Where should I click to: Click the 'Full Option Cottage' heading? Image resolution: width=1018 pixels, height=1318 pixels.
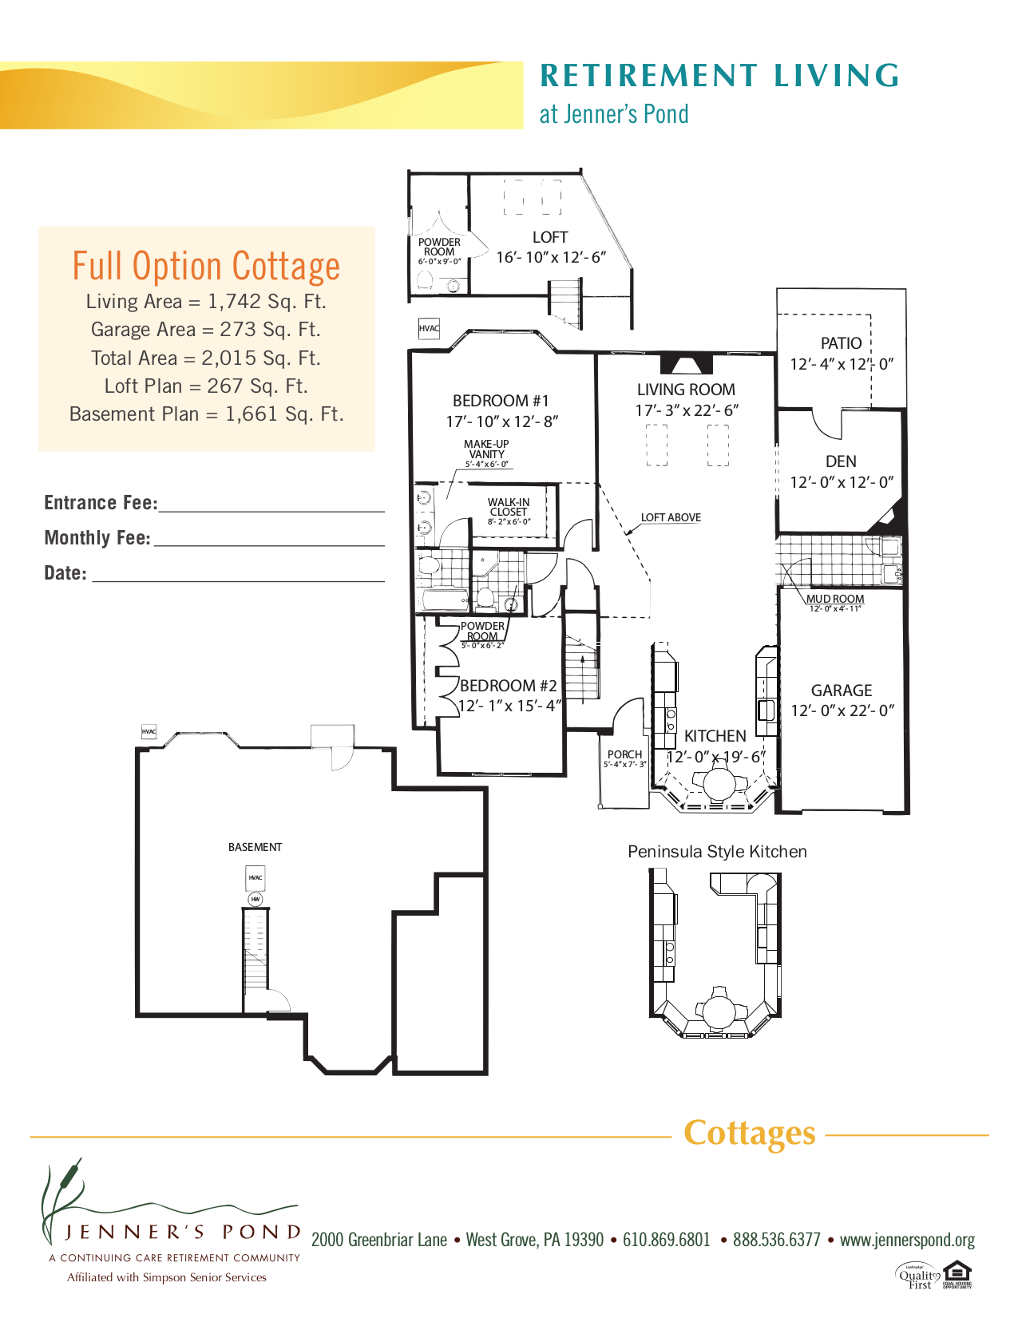206,266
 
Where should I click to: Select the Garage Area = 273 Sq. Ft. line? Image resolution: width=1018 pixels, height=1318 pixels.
206,330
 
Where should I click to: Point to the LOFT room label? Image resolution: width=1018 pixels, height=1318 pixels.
550,237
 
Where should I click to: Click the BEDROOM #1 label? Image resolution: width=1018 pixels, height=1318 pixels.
501,401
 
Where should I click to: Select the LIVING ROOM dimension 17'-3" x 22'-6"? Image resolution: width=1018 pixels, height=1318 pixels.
687,410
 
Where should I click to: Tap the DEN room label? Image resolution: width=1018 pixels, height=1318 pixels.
841,461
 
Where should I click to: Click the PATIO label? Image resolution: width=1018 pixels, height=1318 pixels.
841,343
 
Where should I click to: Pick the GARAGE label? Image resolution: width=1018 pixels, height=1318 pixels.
842,691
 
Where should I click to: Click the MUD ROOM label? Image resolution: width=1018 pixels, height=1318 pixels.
835,599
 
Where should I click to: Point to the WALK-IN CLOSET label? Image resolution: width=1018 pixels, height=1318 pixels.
509,507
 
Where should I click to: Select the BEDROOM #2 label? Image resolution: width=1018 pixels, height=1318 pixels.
509,686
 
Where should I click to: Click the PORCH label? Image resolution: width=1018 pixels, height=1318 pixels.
624,754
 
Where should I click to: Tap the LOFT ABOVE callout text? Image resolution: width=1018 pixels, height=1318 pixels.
671,517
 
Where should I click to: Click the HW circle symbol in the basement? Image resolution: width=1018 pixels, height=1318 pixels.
255,899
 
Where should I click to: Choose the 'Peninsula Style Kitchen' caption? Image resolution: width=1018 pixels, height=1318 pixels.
717,852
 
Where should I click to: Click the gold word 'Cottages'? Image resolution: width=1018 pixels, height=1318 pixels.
749,1133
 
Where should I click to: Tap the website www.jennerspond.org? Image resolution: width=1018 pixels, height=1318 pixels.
907,1240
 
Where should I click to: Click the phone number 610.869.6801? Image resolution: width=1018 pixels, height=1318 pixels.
666,1240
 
